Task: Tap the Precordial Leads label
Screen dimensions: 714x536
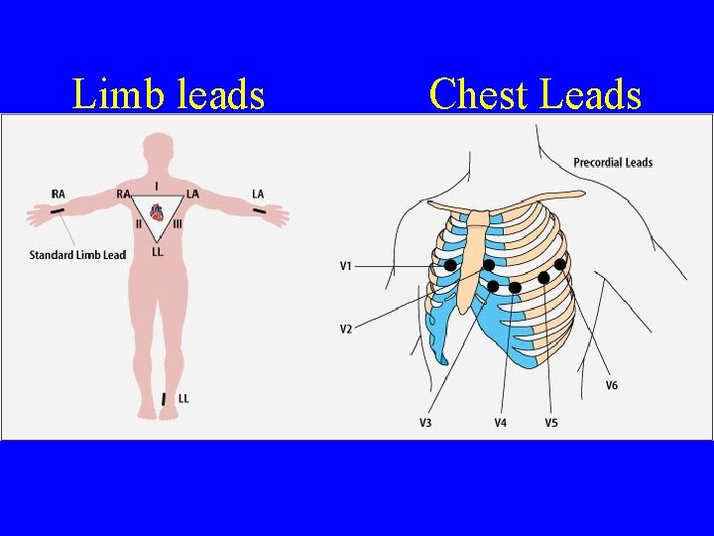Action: click(613, 163)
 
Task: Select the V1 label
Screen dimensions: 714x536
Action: click(346, 266)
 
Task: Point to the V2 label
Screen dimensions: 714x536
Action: click(346, 329)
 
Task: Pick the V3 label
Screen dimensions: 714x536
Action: click(425, 423)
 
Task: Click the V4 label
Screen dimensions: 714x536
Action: click(501, 423)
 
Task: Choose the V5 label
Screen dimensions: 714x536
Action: click(551, 423)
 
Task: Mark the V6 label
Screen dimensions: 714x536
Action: click(612, 385)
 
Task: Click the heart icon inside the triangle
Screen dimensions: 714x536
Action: click(157, 212)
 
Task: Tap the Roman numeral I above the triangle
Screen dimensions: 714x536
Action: click(157, 186)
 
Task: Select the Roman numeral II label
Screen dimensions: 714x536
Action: click(140, 224)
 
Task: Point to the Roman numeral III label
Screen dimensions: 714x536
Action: click(178, 224)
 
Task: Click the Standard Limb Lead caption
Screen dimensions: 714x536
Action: click(77, 255)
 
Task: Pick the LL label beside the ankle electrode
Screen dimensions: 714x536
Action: click(183, 398)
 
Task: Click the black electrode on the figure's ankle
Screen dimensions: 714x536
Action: click(164, 399)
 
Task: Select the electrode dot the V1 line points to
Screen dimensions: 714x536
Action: click(450, 265)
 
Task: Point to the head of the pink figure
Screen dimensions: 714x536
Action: click(156, 149)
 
